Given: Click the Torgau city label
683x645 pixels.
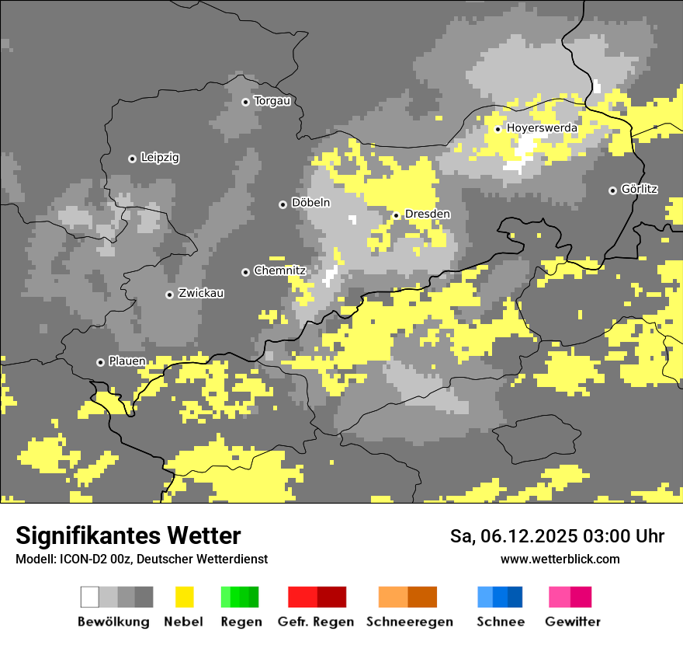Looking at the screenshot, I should click(x=272, y=101).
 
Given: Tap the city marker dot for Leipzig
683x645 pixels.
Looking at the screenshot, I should click(x=132, y=159).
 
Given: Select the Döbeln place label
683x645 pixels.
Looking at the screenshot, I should click(x=310, y=203).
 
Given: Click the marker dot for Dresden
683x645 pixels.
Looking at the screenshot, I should click(x=396, y=215).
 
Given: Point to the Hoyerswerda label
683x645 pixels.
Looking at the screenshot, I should click(x=542, y=127).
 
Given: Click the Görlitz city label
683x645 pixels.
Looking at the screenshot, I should click(x=640, y=189).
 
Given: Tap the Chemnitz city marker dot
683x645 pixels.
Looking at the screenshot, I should click(x=245, y=272).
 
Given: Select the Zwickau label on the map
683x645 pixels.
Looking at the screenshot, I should click(x=201, y=293).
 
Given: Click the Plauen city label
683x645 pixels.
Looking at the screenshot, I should click(x=127, y=361).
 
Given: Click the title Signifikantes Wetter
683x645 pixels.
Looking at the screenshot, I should click(x=128, y=536).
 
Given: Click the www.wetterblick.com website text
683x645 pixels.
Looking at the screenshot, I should click(x=560, y=559).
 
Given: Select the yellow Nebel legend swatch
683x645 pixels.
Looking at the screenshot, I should click(x=184, y=597).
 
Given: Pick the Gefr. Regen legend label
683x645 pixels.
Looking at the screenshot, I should click(x=316, y=622).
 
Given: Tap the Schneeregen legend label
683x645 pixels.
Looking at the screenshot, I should click(x=410, y=622).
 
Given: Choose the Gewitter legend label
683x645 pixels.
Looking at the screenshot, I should click(x=573, y=622).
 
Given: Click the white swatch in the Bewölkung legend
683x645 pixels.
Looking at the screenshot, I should click(x=90, y=597).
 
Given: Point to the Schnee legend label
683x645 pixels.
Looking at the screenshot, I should click(x=501, y=622).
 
